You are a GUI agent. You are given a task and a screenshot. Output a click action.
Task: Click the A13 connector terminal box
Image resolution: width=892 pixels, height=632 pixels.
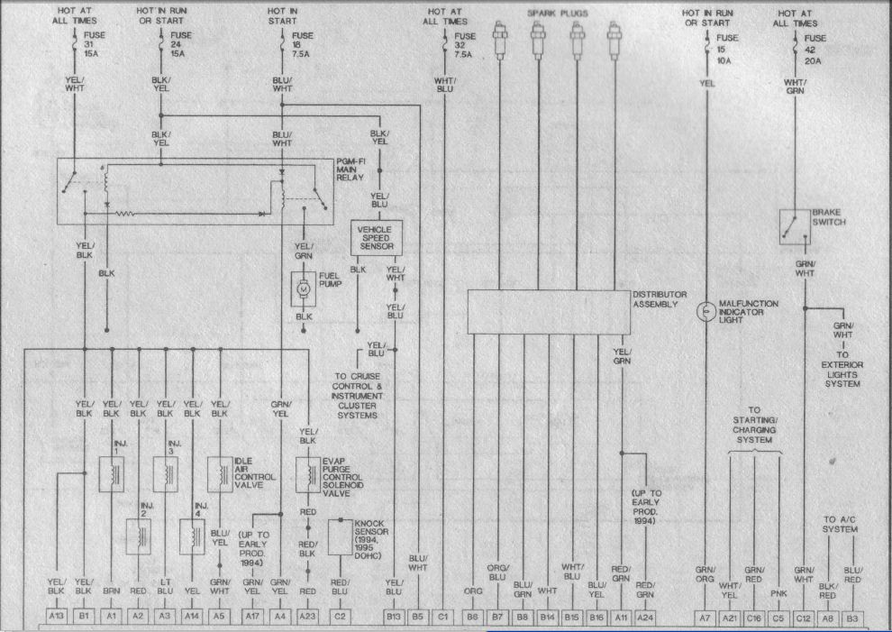pyautogui.click(x=57, y=616)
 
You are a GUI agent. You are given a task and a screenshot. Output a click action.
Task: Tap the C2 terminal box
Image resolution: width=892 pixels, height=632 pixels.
pyautogui.click(x=340, y=616)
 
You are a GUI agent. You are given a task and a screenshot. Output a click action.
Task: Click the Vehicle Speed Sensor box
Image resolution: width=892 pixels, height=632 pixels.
pyautogui.click(x=376, y=237)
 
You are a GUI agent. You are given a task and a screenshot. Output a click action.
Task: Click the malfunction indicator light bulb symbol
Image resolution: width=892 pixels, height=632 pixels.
pyautogui.click(x=706, y=311)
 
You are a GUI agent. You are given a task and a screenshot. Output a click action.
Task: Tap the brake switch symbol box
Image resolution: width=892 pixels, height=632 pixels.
pyautogui.click(x=794, y=225)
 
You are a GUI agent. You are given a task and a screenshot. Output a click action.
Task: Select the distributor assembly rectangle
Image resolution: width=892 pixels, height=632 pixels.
pyautogui.click(x=548, y=312)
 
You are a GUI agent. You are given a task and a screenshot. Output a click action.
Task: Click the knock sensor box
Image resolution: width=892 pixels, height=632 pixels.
pyautogui.click(x=340, y=539)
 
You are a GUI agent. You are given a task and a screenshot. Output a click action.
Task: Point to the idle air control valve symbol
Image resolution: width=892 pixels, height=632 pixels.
pyautogui.click(x=220, y=473)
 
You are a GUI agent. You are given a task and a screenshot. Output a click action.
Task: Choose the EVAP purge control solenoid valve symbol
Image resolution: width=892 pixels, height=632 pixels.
pyautogui.click(x=307, y=473)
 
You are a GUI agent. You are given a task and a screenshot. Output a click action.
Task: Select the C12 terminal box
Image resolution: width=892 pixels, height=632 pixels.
pyautogui.click(x=803, y=616)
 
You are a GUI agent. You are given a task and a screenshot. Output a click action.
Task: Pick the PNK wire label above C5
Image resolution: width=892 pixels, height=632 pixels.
pyautogui.click(x=779, y=593)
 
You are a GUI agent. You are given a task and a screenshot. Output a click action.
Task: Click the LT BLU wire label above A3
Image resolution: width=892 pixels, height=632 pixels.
pyautogui.click(x=165, y=588)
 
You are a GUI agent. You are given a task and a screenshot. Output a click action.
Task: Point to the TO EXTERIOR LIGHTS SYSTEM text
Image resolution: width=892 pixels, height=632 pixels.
pyautogui.click(x=842, y=370)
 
